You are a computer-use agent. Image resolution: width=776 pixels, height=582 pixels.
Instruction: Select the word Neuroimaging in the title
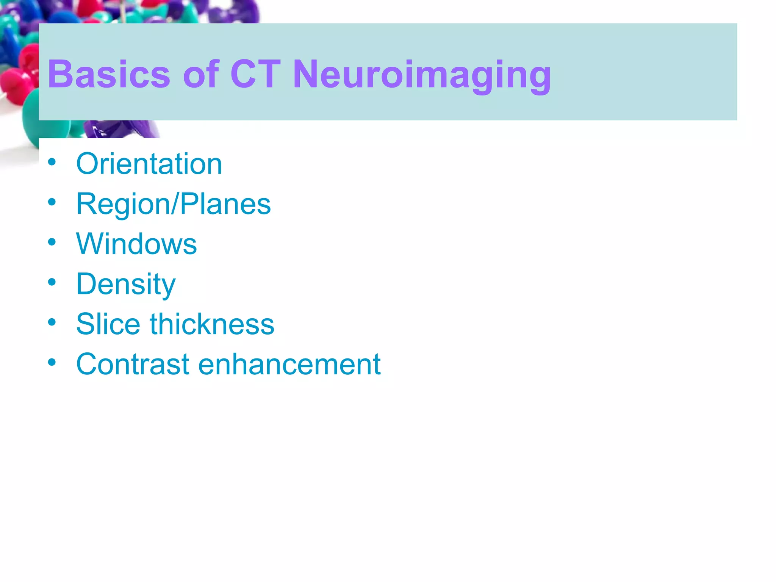[422, 75]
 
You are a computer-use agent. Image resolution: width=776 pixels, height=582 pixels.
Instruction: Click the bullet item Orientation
[149, 164]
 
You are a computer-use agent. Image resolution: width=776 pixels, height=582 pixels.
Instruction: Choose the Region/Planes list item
[173, 204]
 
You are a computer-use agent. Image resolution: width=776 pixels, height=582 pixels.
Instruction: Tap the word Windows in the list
[136, 244]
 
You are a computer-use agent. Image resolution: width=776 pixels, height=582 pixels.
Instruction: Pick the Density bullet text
[126, 284]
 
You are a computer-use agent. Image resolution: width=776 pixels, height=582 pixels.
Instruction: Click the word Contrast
[132, 364]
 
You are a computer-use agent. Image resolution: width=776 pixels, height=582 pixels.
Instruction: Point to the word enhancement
[289, 364]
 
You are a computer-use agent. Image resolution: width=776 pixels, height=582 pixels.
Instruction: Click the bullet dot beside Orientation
[52, 162]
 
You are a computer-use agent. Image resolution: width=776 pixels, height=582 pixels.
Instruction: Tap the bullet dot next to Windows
[52, 242]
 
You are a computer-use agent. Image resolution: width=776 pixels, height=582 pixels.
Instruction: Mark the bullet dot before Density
[52, 282]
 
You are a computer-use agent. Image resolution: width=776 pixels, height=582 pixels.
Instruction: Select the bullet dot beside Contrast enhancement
[52, 362]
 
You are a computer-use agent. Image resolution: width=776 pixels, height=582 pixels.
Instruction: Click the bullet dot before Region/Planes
[52, 202]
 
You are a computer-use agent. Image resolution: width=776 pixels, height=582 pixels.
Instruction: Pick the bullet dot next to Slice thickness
[52, 322]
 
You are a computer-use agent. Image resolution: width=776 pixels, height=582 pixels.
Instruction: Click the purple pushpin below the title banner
[121, 129]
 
